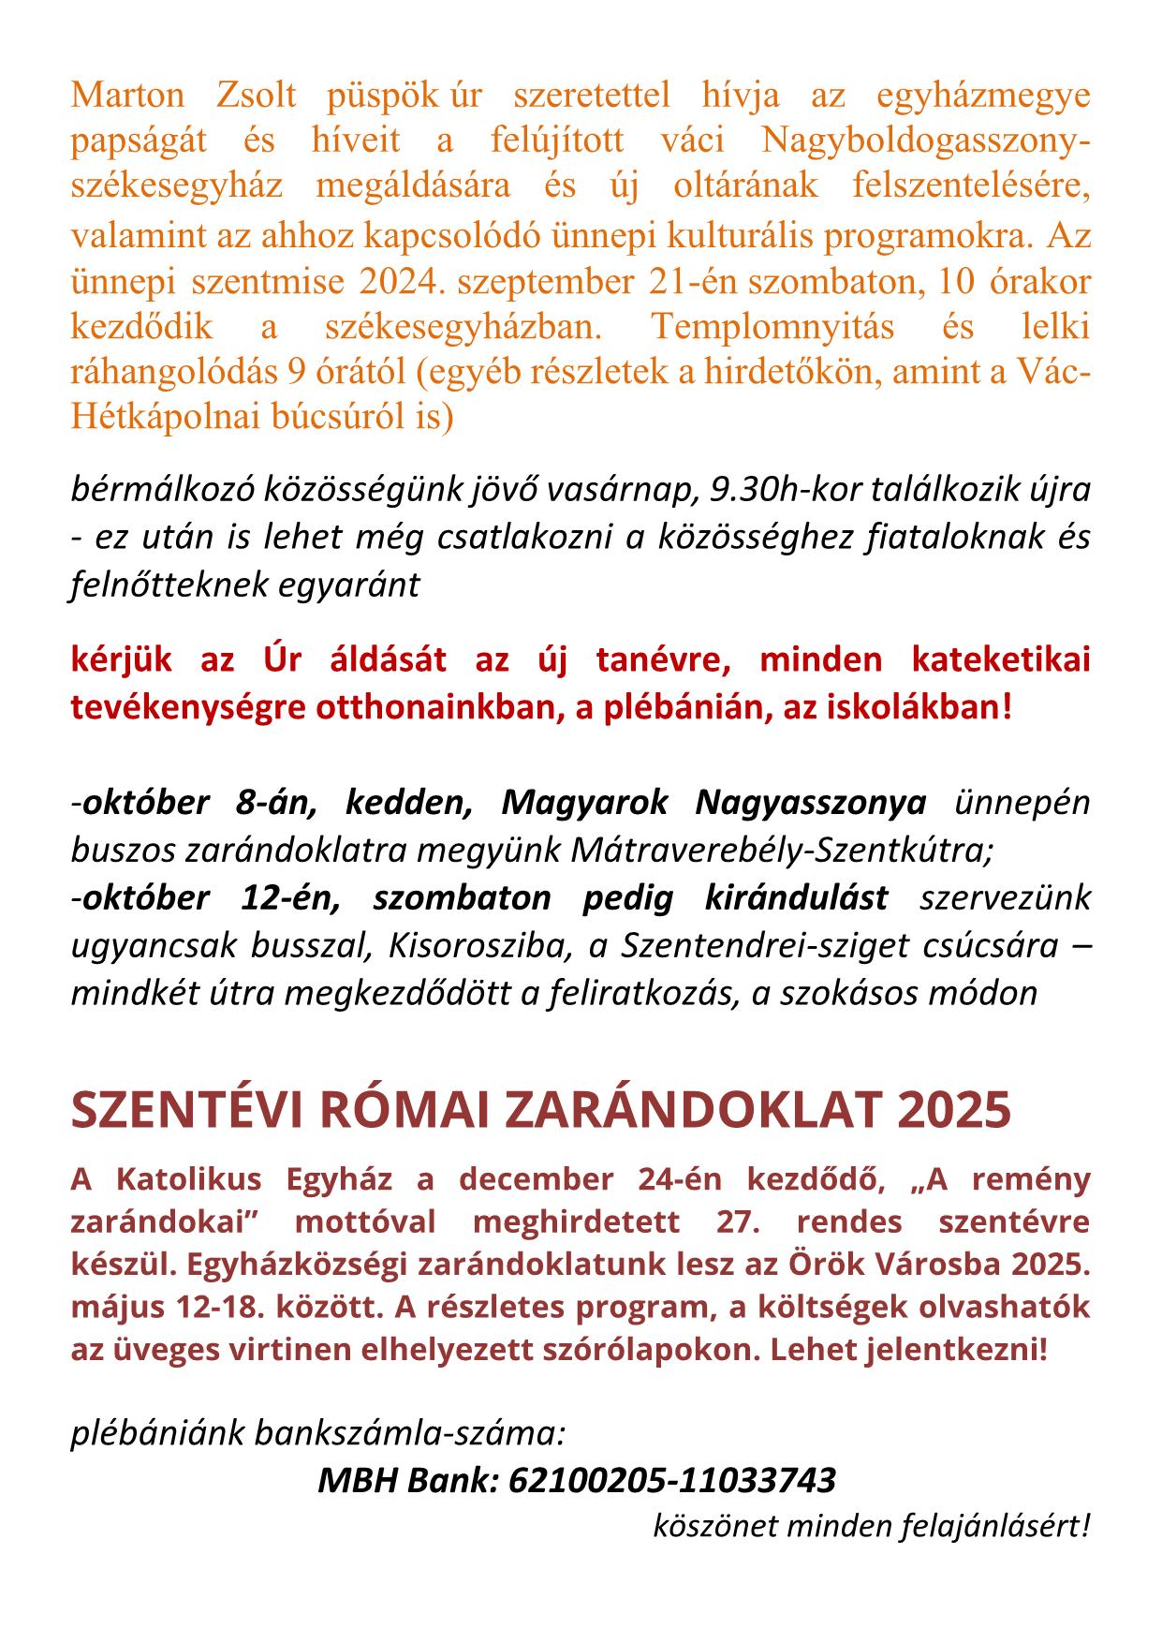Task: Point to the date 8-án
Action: point(279,803)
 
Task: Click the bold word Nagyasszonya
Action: point(811,803)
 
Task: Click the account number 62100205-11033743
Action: point(671,1480)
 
